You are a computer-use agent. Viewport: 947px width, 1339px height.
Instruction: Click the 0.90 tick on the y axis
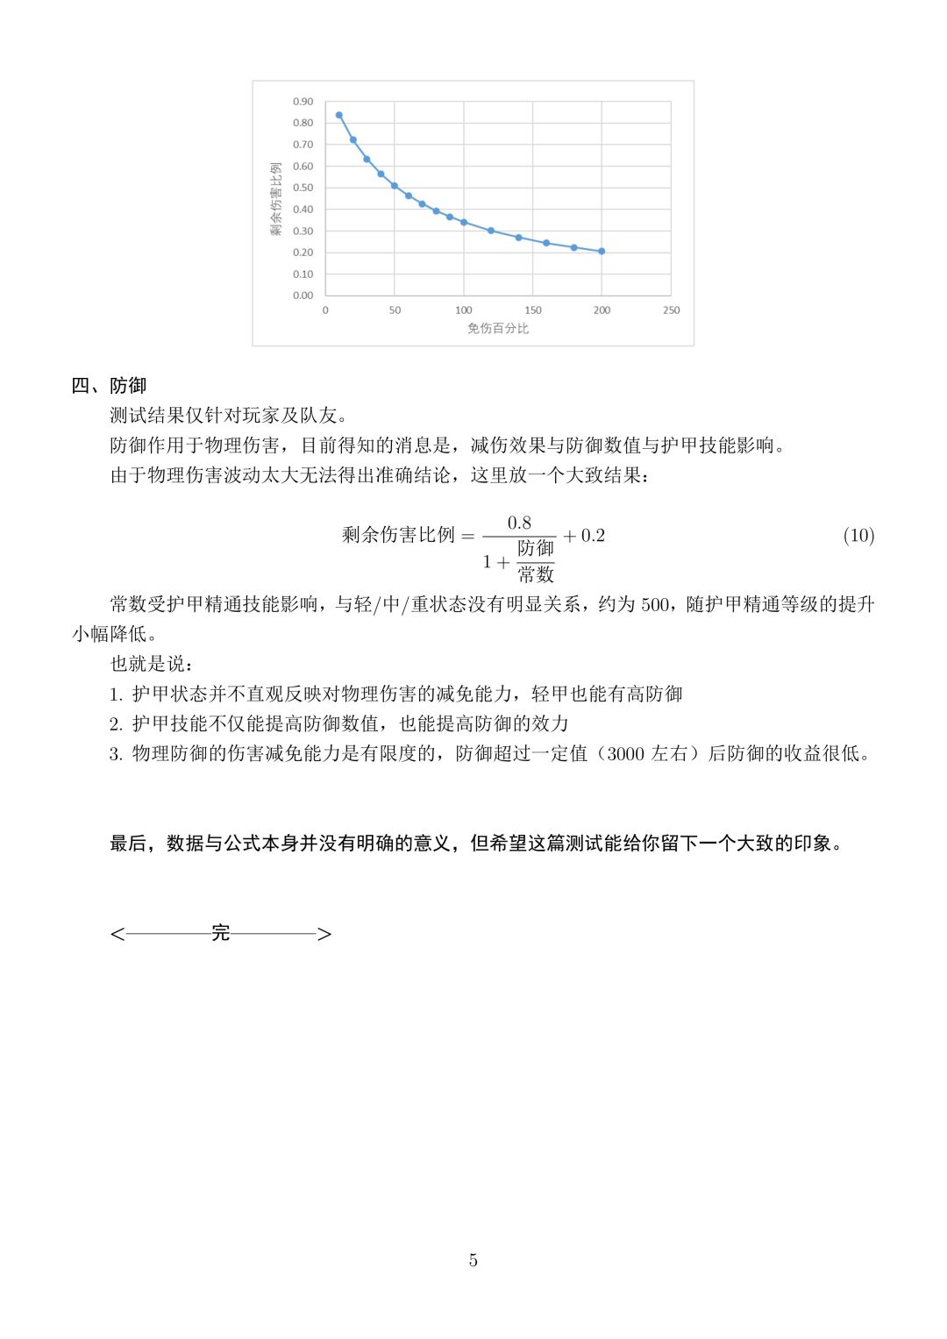pyautogui.click(x=303, y=102)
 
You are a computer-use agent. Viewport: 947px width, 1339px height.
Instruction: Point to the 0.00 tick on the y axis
pyautogui.click(x=303, y=296)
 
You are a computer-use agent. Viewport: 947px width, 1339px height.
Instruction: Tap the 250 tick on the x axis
pyautogui.click(x=671, y=310)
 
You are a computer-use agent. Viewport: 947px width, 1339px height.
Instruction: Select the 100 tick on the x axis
pyautogui.click(x=464, y=310)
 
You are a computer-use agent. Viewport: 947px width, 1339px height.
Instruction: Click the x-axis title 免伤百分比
pyautogui.click(x=498, y=329)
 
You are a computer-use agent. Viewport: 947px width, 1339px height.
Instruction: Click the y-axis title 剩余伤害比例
pyautogui.click(x=276, y=198)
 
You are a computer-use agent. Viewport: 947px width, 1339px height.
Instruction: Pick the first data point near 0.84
pyautogui.click(x=339, y=115)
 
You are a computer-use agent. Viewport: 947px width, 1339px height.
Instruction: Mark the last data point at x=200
pyautogui.click(x=602, y=252)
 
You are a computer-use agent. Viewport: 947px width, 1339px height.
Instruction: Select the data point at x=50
pyautogui.click(x=395, y=186)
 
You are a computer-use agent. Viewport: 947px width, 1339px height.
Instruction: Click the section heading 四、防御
pyautogui.click(x=109, y=386)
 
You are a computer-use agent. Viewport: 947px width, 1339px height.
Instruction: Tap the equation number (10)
pyautogui.click(x=858, y=536)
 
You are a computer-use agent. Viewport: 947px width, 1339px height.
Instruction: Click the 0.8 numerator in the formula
pyautogui.click(x=519, y=523)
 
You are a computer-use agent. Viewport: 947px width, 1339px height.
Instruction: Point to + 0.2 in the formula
pyautogui.click(x=584, y=536)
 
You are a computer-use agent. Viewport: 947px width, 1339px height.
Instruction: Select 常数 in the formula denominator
pyautogui.click(x=536, y=574)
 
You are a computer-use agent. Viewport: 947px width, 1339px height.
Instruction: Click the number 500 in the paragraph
pyautogui.click(x=654, y=604)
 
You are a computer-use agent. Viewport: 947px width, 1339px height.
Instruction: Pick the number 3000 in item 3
pyautogui.click(x=625, y=753)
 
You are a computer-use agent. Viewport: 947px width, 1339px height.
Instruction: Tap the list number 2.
pyautogui.click(x=116, y=724)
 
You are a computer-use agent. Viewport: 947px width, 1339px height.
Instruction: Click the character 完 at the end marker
pyautogui.click(x=221, y=933)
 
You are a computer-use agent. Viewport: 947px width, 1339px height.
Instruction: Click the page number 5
pyautogui.click(x=473, y=1261)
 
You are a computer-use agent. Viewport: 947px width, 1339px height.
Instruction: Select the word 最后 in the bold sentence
pyautogui.click(x=128, y=844)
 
